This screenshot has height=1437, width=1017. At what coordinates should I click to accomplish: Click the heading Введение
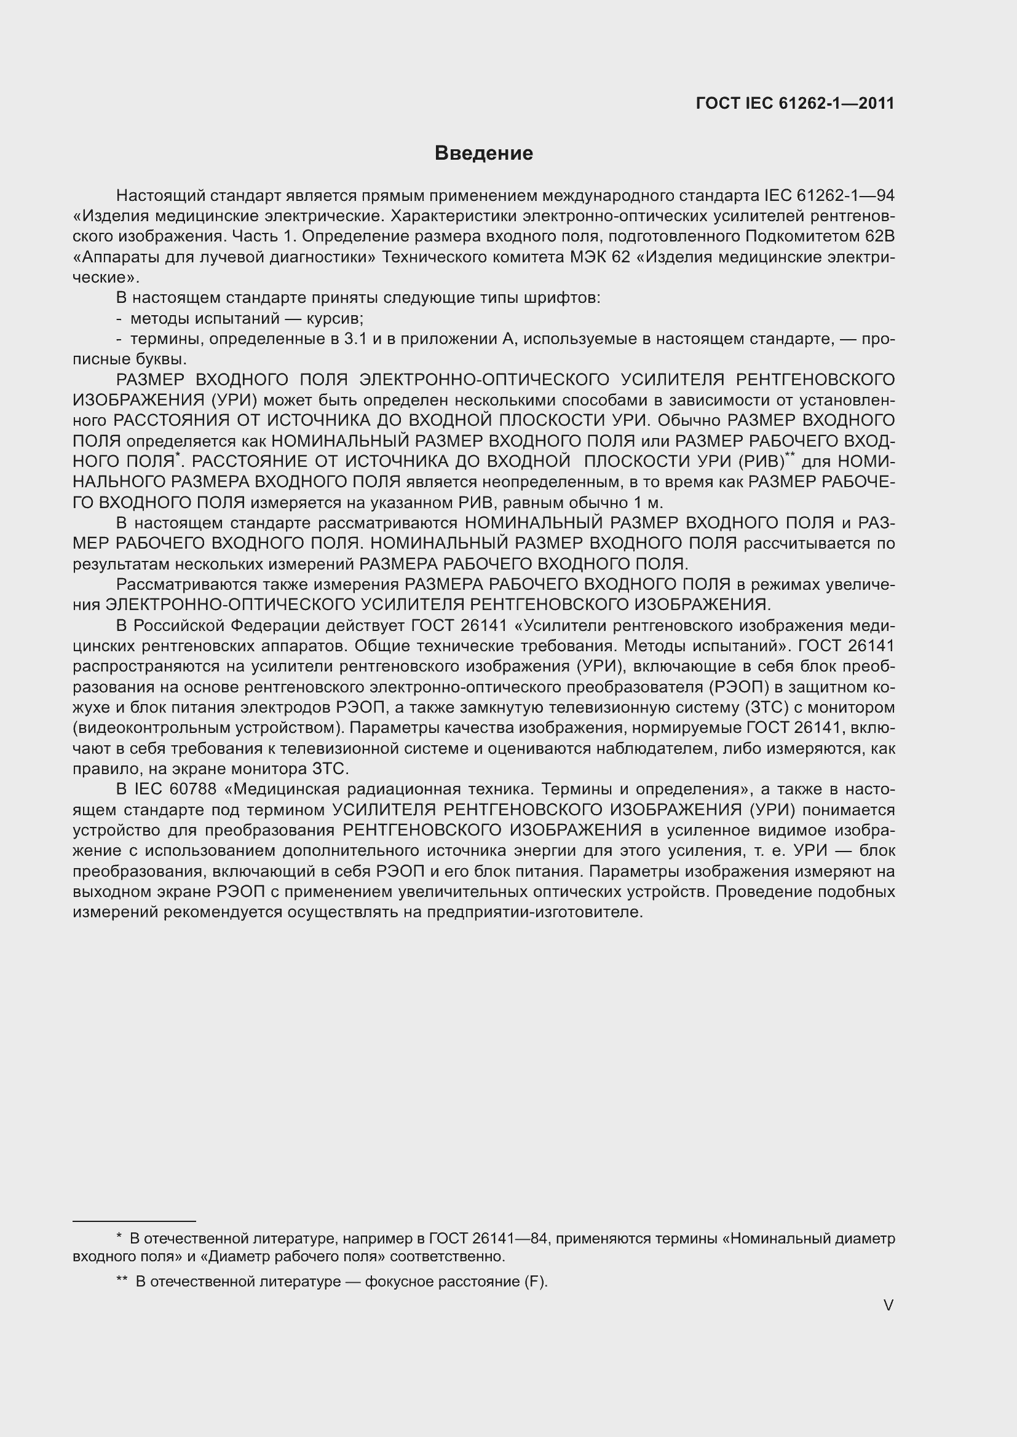483,154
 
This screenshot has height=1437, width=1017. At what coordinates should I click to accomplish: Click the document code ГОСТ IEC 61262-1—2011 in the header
794,103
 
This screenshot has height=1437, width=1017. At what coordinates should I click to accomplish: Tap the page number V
888,1305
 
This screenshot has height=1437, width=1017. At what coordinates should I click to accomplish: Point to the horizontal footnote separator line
134,1221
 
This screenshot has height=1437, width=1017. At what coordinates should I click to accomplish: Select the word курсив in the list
334,319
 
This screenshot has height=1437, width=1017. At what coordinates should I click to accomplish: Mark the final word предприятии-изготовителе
535,912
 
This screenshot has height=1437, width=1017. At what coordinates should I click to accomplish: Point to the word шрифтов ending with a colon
568,298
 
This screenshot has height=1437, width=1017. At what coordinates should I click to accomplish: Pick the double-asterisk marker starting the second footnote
123,1280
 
